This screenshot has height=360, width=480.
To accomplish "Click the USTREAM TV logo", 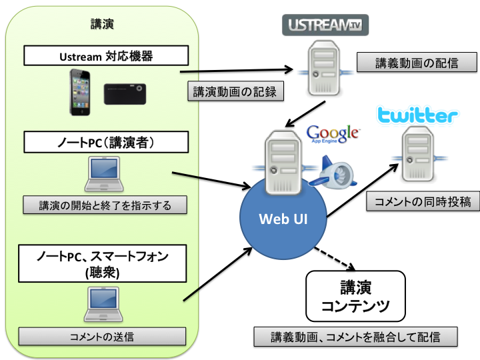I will (325, 25).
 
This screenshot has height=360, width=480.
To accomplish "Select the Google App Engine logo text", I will (333, 135).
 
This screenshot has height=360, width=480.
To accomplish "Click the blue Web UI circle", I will (283, 218).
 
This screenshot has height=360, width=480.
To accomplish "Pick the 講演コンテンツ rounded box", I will (355, 297).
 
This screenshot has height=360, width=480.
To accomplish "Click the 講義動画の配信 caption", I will (417, 63).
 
